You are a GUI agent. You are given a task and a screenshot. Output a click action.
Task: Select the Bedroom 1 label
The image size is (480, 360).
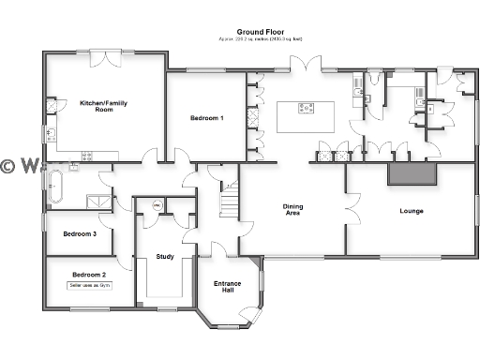(207, 118)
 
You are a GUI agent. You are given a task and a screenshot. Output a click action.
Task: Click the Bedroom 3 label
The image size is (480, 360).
(80, 233)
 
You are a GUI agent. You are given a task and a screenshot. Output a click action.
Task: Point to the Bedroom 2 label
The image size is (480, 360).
(89, 274)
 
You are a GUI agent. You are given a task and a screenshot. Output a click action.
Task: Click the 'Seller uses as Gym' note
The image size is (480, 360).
(90, 285)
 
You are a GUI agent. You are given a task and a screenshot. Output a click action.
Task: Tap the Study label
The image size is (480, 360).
(165, 256)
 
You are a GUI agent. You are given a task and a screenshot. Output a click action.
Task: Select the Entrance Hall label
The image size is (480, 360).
(228, 287)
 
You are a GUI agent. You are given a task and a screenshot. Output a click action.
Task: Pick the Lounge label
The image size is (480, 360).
(412, 211)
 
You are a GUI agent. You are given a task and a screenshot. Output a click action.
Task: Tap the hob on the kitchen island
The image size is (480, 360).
(307, 108)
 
